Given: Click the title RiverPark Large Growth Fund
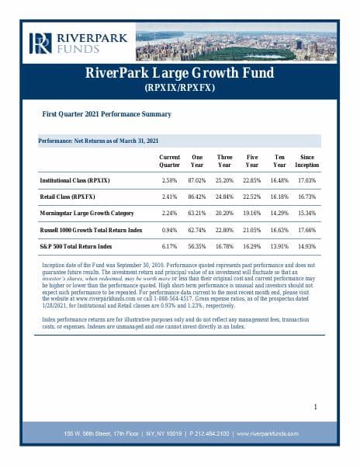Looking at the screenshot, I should click(x=179, y=75).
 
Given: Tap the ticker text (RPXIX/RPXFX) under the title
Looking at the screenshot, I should click(x=179, y=89).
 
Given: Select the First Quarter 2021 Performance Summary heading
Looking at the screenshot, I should click(x=106, y=114).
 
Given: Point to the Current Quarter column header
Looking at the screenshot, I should click(x=169, y=161).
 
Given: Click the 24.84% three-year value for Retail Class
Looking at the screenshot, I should click(x=224, y=196).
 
